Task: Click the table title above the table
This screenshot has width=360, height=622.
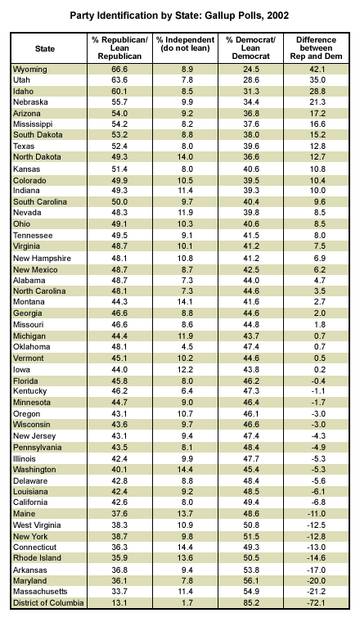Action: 179,16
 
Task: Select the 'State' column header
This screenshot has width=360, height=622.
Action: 45,48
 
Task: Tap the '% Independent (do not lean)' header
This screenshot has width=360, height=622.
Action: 185,44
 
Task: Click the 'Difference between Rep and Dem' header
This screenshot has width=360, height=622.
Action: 316,48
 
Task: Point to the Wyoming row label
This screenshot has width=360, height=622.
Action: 30,70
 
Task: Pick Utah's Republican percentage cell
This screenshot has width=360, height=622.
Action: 119,79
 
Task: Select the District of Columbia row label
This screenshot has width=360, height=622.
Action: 48,603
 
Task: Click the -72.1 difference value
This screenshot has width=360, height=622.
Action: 316,603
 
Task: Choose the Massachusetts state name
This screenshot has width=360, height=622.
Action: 40,592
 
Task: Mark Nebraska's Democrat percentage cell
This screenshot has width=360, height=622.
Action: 250,102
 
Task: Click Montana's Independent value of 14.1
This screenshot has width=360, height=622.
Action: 185,302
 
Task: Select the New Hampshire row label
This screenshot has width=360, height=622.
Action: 42,259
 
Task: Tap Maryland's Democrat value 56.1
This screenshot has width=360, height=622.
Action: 250,581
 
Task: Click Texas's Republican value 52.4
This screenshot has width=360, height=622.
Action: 119,146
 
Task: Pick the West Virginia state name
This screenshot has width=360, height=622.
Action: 37,525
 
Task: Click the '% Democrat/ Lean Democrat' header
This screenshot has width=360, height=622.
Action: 250,48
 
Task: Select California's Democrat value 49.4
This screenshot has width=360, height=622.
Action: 250,503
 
